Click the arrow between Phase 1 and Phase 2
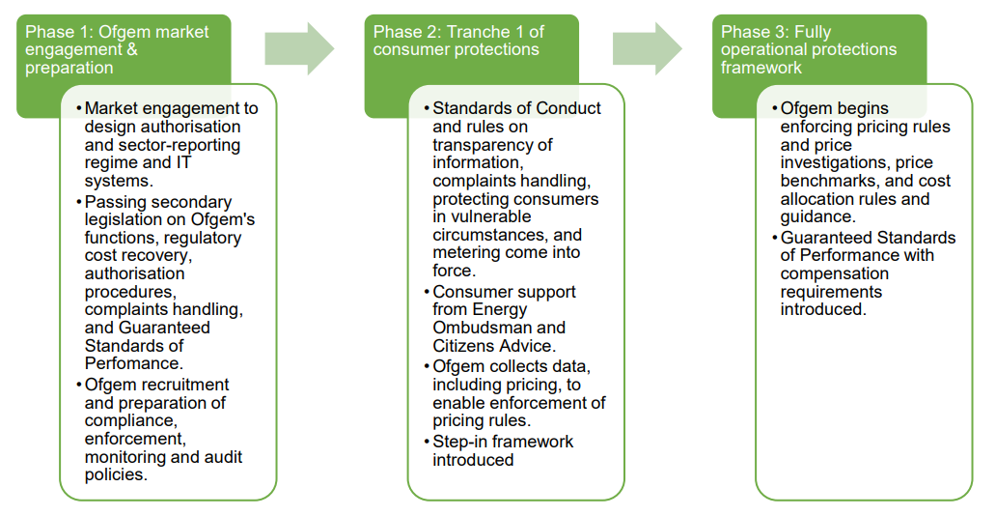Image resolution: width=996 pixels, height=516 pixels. click(x=299, y=48)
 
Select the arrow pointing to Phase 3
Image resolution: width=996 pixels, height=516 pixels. click(x=647, y=48)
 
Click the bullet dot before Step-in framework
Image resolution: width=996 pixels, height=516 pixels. click(x=427, y=443)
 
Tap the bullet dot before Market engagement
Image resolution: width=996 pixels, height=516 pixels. click(x=79, y=109)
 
